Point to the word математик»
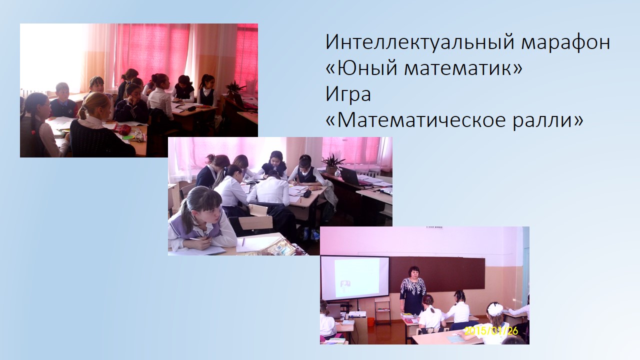[x=463, y=68]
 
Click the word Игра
[x=348, y=94]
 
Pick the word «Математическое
[x=415, y=119]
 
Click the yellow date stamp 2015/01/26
[x=491, y=331]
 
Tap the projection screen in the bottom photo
[x=354, y=277]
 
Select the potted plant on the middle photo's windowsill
[x=332, y=164]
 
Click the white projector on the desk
[x=356, y=315]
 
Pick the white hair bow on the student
[x=495, y=308]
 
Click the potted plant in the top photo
[x=235, y=89]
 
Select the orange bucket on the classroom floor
[x=371, y=321]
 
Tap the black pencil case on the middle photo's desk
[x=307, y=193]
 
